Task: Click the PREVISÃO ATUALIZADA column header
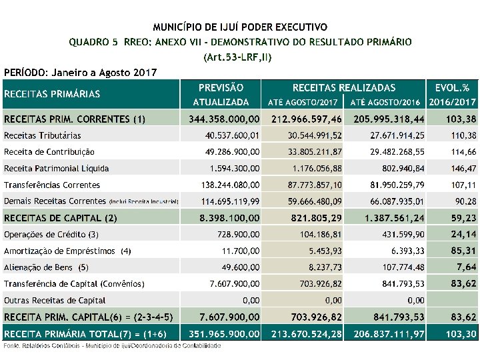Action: click(x=221, y=95)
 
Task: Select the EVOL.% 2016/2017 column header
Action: click(x=452, y=95)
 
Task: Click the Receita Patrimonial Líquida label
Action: click(x=56, y=169)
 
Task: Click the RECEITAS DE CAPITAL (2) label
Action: click(x=61, y=217)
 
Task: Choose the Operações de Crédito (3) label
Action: click(x=51, y=234)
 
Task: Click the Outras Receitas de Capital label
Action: click(x=55, y=300)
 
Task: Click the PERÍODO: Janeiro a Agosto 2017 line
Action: click(x=80, y=71)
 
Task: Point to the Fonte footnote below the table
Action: click(x=112, y=345)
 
